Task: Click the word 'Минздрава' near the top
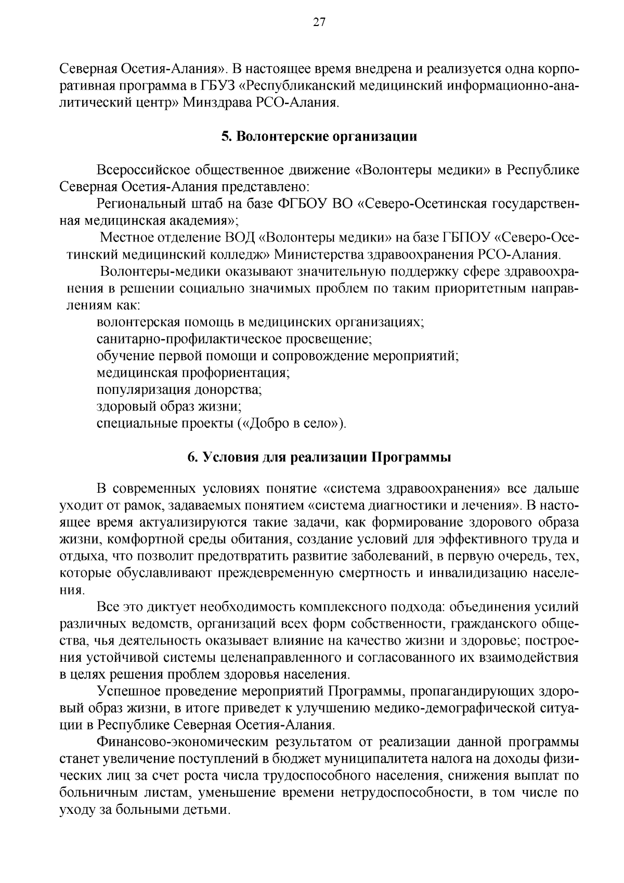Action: point(216,103)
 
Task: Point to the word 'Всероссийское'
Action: point(142,170)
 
